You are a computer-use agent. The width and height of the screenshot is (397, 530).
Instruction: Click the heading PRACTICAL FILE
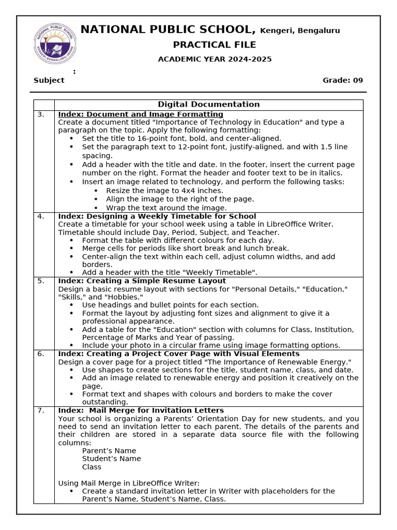(215, 45)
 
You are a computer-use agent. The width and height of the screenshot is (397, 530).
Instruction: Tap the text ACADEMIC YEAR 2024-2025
(215, 59)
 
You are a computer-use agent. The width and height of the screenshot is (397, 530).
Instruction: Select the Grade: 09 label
(343, 80)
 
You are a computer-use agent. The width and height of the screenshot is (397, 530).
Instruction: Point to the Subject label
(49, 80)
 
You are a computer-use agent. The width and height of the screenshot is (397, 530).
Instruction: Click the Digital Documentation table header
(209, 105)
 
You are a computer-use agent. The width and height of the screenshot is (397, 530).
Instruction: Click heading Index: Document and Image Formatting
(141, 114)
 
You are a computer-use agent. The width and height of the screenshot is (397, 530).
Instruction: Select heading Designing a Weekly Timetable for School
(171, 216)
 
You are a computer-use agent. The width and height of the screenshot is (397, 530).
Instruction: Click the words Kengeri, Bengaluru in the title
(300, 31)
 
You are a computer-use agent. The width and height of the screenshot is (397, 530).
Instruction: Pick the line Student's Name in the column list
(111, 459)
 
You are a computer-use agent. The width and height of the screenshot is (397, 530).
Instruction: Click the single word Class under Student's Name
(91, 467)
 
